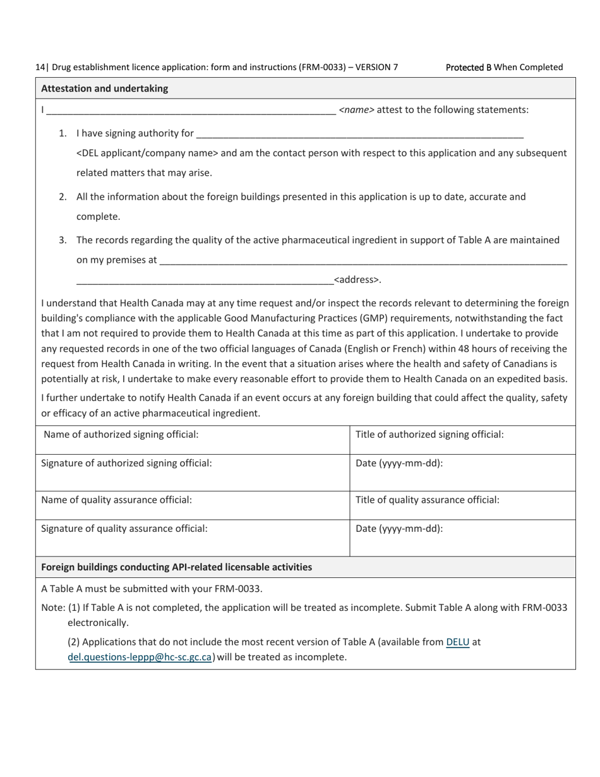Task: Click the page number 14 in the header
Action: click(40, 67)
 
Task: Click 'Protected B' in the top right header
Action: click(468, 67)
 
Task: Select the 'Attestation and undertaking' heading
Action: click(104, 88)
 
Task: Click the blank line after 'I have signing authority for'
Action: click(360, 134)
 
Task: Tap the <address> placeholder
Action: click(357, 280)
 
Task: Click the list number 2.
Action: click(63, 196)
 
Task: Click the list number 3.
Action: click(63, 240)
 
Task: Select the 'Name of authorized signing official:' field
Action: click(193, 439)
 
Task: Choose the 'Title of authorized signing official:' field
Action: click(462, 439)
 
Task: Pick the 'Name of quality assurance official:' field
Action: click(193, 505)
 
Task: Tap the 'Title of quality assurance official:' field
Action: click(462, 505)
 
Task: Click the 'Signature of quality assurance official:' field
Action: click(193, 537)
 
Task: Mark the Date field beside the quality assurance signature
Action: click(462, 537)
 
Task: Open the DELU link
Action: click(457, 642)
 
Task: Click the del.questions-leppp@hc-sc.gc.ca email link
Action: click(140, 657)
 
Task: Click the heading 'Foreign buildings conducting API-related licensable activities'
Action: click(176, 567)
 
